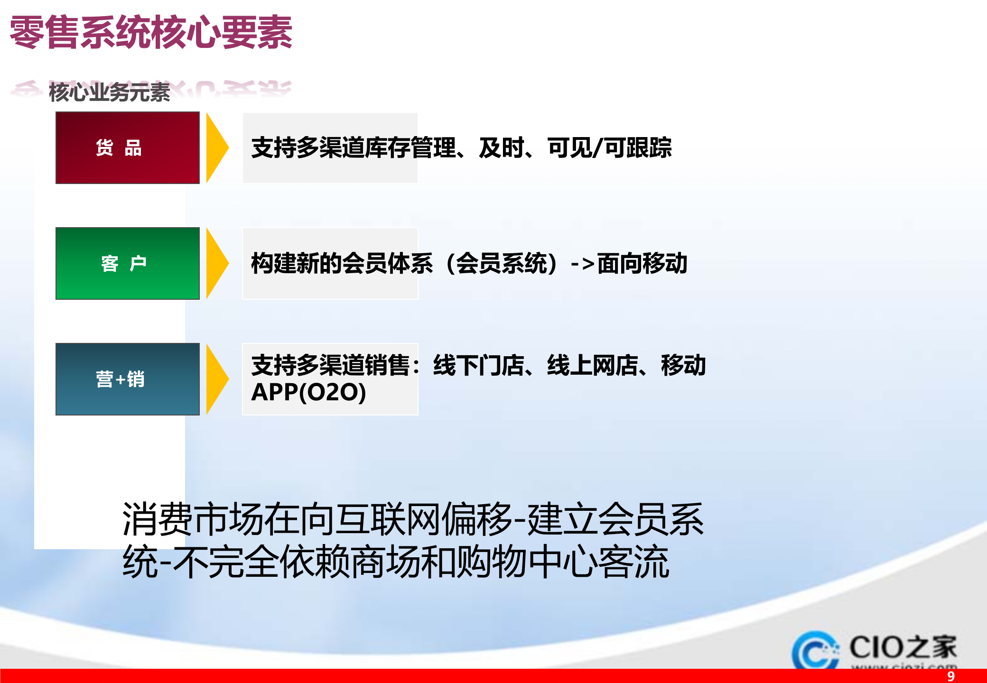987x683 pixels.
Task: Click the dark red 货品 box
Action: (127, 148)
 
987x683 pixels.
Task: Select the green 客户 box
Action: (127, 263)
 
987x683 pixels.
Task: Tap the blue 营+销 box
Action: (127, 379)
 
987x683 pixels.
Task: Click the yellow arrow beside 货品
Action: (216, 148)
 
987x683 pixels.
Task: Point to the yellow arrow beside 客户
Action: (216, 263)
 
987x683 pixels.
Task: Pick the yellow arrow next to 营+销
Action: (216, 379)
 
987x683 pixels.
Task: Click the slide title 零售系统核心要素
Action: (151, 32)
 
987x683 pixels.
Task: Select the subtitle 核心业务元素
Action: (109, 92)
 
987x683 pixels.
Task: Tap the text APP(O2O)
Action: (308, 392)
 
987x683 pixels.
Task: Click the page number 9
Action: (950, 676)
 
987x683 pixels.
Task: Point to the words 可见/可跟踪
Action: (609, 148)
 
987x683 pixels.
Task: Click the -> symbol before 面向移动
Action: (582, 264)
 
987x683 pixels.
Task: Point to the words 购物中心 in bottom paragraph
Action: (527, 562)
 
